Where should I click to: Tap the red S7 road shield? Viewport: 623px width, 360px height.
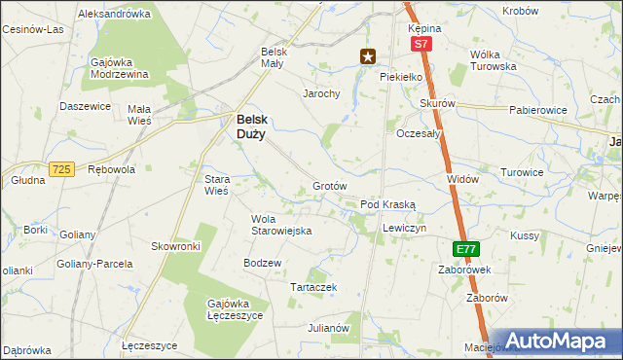(x=420, y=45)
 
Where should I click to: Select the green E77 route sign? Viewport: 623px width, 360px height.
(x=465, y=249)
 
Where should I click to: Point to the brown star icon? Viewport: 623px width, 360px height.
(x=367, y=56)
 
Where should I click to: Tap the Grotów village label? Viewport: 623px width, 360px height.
(x=330, y=186)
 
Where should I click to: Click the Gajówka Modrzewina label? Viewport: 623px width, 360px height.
(x=119, y=68)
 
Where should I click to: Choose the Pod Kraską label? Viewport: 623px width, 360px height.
(x=387, y=205)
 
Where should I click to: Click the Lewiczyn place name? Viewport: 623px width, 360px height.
(x=405, y=227)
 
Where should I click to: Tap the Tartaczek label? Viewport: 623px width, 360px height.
(x=313, y=287)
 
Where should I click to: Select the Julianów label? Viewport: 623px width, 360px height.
(x=328, y=328)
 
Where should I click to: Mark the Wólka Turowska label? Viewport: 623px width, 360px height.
(x=493, y=60)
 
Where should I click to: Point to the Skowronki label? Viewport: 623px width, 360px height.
(x=175, y=247)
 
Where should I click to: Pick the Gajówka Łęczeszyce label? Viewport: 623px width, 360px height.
(x=231, y=309)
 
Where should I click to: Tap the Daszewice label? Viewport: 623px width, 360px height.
(x=83, y=106)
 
